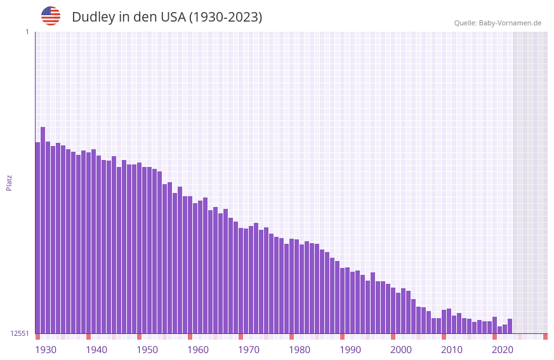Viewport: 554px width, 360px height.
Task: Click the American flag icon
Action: pyautogui.click(x=51, y=16)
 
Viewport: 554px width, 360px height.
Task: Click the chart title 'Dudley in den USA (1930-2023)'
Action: pyautogui.click(x=166, y=17)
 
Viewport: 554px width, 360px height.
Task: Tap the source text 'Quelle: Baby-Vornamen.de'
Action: pyautogui.click(x=498, y=23)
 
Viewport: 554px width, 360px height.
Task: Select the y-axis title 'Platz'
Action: pyautogui.click(x=9, y=182)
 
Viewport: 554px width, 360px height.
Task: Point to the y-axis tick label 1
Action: pyautogui.click(x=27, y=32)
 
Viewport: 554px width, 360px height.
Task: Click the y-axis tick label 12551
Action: pyautogui.click(x=19, y=333)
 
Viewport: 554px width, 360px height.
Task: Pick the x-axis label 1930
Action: pyautogui.click(x=46, y=350)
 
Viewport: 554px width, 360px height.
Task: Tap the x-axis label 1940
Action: pyautogui.click(x=96, y=350)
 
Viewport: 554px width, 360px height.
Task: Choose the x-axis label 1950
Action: pyautogui.click(x=147, y=350)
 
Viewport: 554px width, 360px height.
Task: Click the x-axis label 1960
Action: pyautogui.click(x=198, y=350)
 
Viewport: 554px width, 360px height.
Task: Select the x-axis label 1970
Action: pyautogui.click(x=249, y=350)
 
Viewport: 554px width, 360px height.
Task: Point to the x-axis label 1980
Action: pyautogui.click(x=300, y=350)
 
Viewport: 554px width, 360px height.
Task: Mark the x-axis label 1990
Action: pyautogui.click(x=350, y=350)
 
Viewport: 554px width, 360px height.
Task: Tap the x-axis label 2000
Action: pyautogui.click(x=401, y=350)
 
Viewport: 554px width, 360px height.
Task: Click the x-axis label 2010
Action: pyautogui.click(x=452, y=350)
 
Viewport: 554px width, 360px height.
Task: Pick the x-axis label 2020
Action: pyautogui.click(x=503, y=350)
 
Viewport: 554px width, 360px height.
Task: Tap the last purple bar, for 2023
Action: pyautogui.click(x=510, y=326)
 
